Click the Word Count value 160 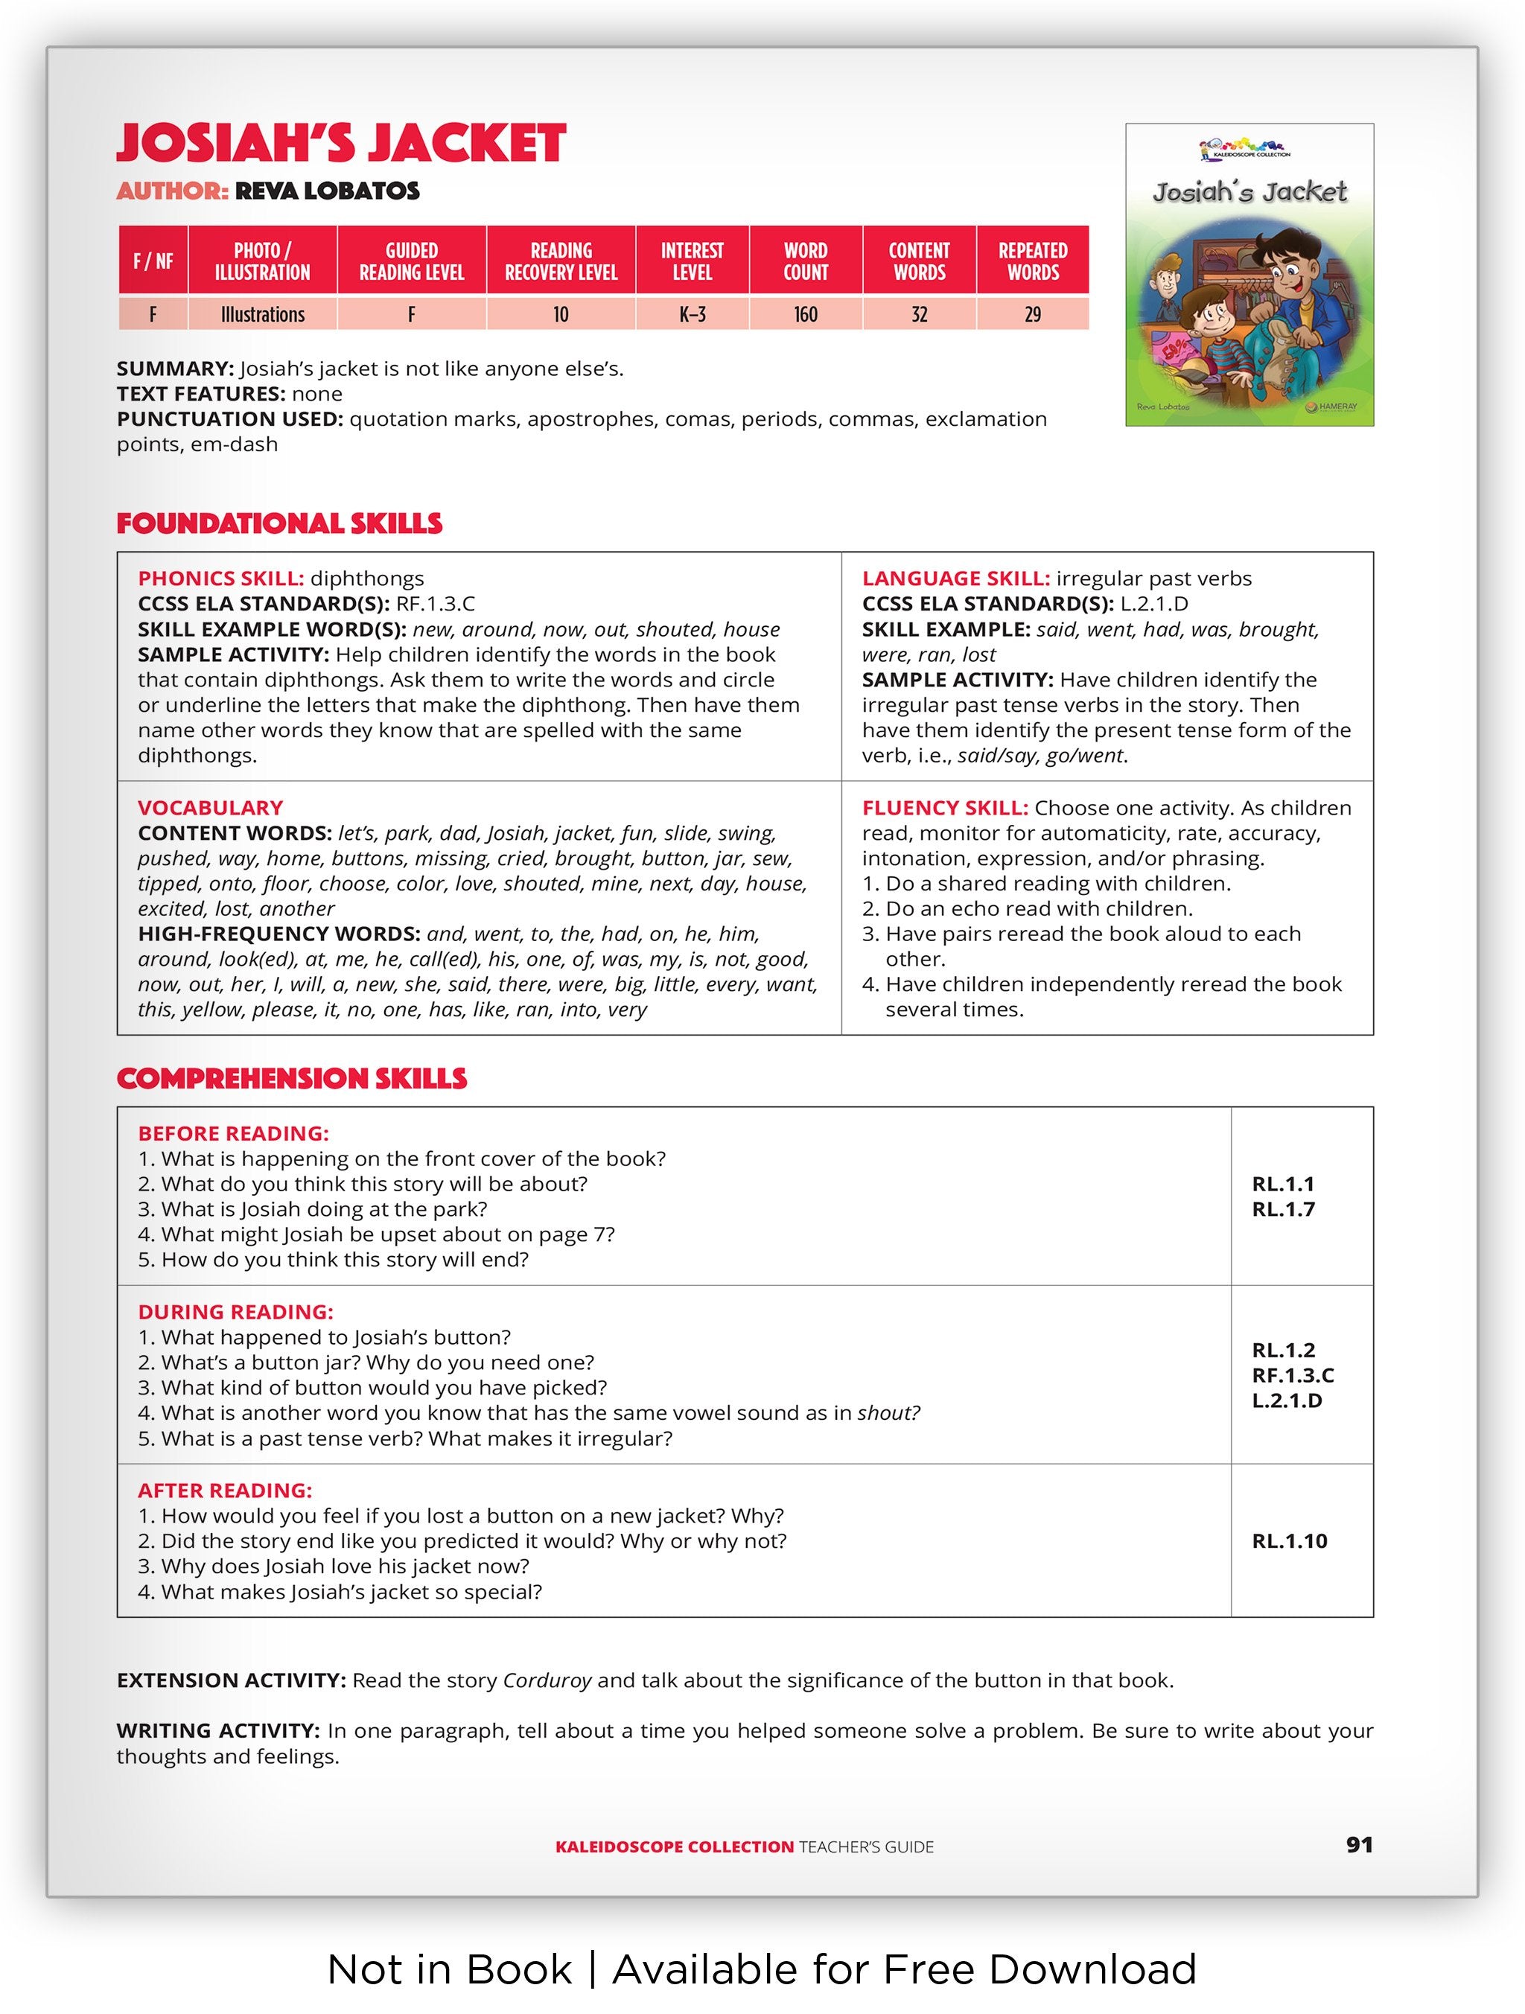pyautogui.click(x=805, y=314)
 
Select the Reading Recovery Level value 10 pyautogui.click(x=561, y=314)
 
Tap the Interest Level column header pyautogui.click(x=692, y=261)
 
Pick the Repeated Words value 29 pyautogui.click(x=1033, y=314)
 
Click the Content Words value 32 pyautogui.click(x=919, y=314)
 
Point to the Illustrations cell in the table pyautogui.click(x=262, y=314)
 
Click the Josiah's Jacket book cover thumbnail pyautogui.click(x=1249, y=275)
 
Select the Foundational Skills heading pyautogui.click(x=279, y=523)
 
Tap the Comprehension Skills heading pyautogui.click(x=291, y=1079)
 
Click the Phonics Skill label pyautogui.click(x=220, y=579)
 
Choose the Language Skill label pyautogui.click(x=955, y=579)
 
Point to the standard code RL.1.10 pyautogui.click(x=1289, y=1540)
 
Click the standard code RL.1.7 pyautogui.click(x=1283, y=1209)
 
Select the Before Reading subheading pyautogui.click(x=233, y=1133)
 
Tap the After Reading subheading pyautogui.click(x=225, y=1491)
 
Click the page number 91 pyautogui.click(x=1358, y=1845)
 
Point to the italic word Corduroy pyautogui.click(x=547, y=1680)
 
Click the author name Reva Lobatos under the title pyautogui.click(x=327, y=191)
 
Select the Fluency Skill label pyautogui.click(x=945, y=808)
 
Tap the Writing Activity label pyautogui.click(x=217, y=1731)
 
